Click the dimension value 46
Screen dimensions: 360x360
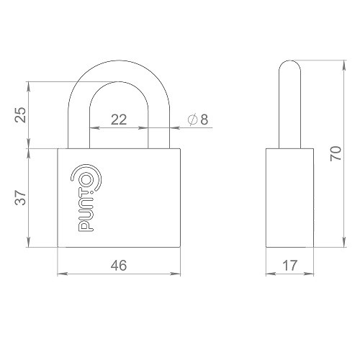coord(119,265)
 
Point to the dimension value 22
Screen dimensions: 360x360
coord(119,120)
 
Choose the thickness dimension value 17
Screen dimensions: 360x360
coord(291,265)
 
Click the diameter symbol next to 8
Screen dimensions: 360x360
coord(192,120)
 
